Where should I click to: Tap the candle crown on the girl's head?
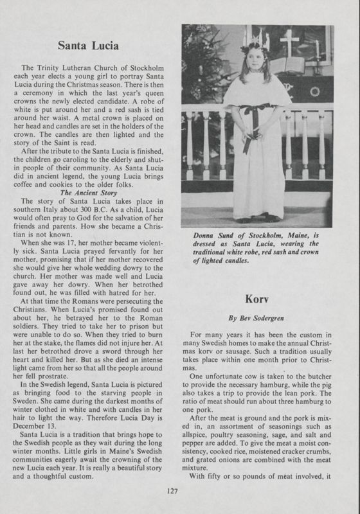(255, 42)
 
